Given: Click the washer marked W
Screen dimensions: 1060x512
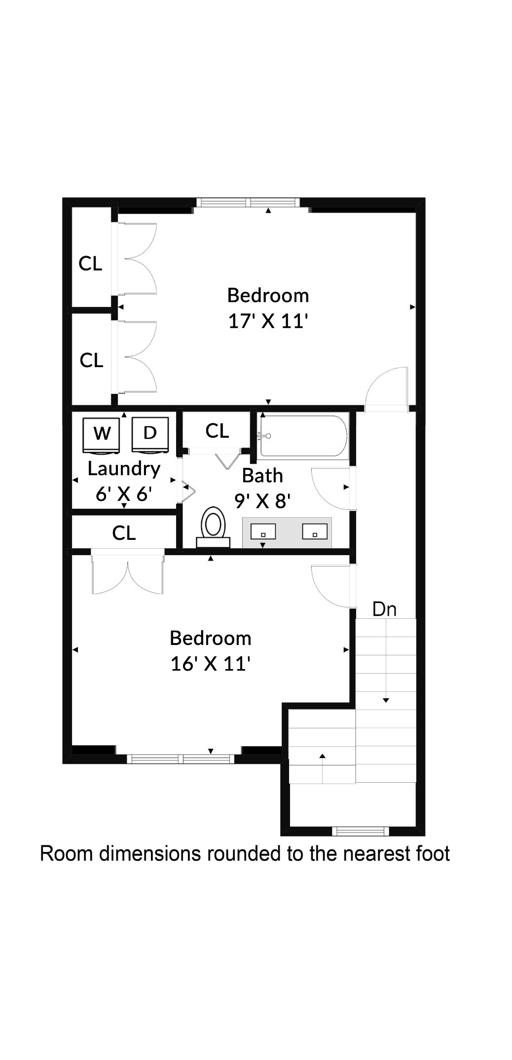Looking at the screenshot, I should tap(102, 435).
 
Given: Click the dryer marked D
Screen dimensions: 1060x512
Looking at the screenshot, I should tap(150, 434).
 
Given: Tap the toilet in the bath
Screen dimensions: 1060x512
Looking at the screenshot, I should tap(213, 527).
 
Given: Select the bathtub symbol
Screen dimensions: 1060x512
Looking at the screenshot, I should tap(303, 436).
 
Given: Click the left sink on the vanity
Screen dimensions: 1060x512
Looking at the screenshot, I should tap(263, 532).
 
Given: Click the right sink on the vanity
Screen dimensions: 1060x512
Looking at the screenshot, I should tap(315, 532).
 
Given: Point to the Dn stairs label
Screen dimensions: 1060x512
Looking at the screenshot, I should tap(384, 609).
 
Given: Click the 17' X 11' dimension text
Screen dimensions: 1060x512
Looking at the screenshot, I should tap(268, 322).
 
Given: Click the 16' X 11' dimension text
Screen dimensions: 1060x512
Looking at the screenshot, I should tap(211, 664).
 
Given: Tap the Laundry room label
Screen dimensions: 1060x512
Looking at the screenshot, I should tap(124, 469).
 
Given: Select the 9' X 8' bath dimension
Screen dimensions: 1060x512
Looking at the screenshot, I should tap(262, 501).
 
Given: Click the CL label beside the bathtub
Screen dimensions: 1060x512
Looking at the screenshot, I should tap(217, 431).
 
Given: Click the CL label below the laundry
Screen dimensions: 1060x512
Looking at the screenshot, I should tap(124, 533).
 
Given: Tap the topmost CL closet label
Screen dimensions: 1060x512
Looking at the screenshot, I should tap(90, 264).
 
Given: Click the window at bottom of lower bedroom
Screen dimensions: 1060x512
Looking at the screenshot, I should tap(181, 759).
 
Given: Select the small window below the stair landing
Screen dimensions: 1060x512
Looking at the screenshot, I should tap(361, 832).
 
